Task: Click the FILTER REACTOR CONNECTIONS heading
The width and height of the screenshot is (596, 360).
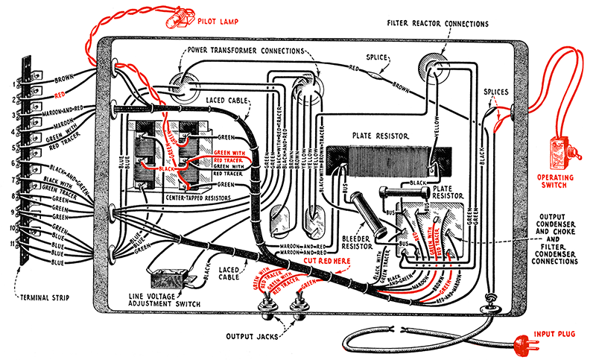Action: tap(438, 24)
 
